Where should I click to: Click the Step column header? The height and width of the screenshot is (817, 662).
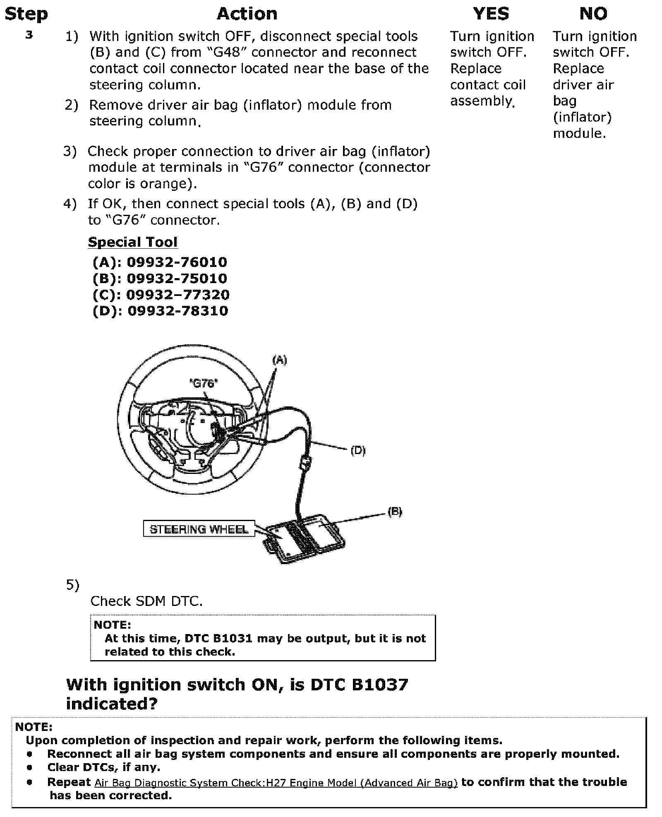pyautogui.click(x=26, y=14)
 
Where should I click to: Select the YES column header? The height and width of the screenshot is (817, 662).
pyautogui.click(x=491, y=14)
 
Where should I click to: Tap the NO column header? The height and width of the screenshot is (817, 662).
pyautogui.click(x=593, y=14)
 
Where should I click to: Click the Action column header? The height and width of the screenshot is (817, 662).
pyautogui.click(x=247, y=14)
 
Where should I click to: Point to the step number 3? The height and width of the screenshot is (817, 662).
pyautogui.click(x=29, y=35)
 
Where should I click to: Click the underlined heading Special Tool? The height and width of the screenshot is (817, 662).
pyautogui.click(x=132, y=242)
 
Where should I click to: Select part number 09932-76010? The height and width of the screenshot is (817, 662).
pyautogui.click(x=177, y=262)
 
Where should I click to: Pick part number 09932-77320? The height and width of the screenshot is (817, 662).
pyautogui.click(x=177, y=295)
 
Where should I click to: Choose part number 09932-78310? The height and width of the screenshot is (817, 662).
pyautogui.click(x=177, y=311)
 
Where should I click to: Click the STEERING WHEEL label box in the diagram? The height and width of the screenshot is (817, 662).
pyautogui.click(x=199, y=529)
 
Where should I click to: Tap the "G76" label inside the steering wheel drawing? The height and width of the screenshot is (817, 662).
pyautogui.click(x=204, y=384)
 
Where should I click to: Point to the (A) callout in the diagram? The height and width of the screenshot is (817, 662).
pyautogui.click(x=279, y=360)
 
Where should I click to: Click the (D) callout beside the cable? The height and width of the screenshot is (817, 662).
pyautogui.click(x=358, y=450)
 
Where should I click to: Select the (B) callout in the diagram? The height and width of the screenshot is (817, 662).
pyautogui.click(x=395, y=512)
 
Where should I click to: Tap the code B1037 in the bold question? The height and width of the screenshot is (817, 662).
pyautogui.click(x=380, y=685)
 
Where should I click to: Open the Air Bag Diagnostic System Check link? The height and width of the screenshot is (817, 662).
pyautogui.click(x=276, y=782)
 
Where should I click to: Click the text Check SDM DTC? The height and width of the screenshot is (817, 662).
pyautogui.click(x=146, y=601)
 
